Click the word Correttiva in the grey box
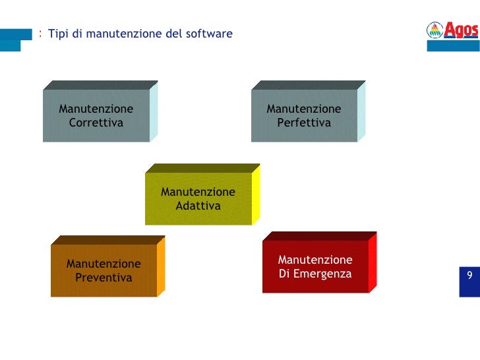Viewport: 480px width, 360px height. click(96, 123)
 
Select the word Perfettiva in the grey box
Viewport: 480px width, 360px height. click(304, 123)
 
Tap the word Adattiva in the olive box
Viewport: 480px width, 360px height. click(198, 206)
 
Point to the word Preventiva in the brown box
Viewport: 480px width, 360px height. click(104, 278)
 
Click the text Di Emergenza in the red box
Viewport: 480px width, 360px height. click(315, 274)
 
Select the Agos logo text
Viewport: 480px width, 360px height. click(461, 30)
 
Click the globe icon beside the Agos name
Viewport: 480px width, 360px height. click(435, 30)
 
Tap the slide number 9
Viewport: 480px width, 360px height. click(469, 276)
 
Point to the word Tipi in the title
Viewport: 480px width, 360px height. click(58, 34)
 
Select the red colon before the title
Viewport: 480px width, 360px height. click(41, 33)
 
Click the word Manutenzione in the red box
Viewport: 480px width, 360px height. click(315, 260)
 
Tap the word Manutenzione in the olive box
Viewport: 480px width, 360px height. click(198, 192)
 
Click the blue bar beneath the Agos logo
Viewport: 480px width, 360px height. click(453, 46)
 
